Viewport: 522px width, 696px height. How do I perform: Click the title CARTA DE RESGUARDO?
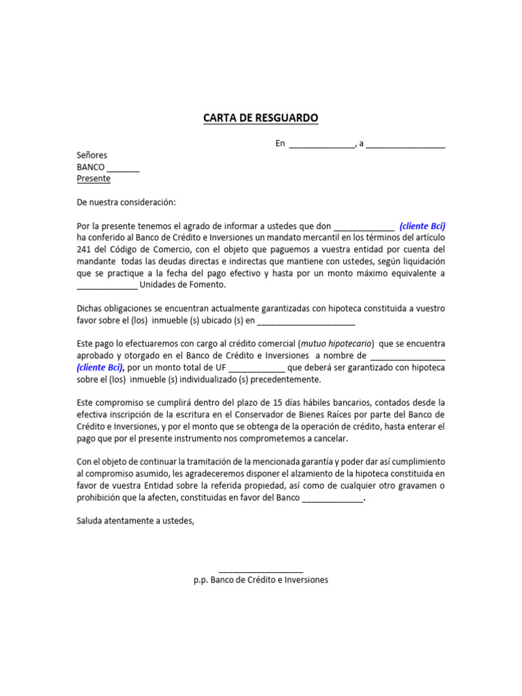(x=260, y=118)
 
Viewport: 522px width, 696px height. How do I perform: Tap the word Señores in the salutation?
(x=92, y=155)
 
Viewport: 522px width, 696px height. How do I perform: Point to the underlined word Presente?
(x=93, y=179)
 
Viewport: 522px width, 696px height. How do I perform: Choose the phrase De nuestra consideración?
(x=126, y=203)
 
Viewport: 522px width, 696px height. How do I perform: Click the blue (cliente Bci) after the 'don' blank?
(x=422, y=226)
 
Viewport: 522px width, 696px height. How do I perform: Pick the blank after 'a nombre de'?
(x=407, y=355)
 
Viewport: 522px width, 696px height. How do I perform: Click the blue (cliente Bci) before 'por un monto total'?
(x=100, y=368)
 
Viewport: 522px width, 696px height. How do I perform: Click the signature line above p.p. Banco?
(x=261, y=570)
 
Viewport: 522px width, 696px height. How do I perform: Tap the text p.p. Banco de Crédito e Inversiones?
(x=261, y=580)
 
